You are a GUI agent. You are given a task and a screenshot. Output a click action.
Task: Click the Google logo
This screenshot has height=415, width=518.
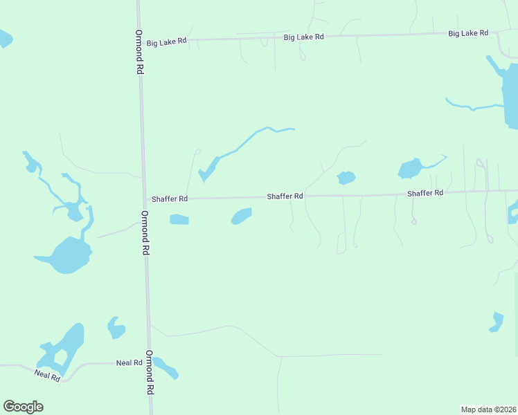[24, 407]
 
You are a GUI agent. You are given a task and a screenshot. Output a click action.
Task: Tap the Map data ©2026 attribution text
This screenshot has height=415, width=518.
[488, 409]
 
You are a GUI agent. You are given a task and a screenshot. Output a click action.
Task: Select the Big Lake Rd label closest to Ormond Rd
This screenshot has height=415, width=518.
[167, 42]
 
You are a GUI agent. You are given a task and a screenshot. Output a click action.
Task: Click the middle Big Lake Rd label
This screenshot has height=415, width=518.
[305, 37]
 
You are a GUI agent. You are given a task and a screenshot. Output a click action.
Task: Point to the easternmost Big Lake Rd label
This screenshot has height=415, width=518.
[468, 33]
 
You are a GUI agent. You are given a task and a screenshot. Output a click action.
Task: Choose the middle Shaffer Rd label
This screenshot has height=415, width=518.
[285, 197]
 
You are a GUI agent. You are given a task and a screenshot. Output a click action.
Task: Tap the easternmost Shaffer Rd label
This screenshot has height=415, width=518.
[425, 194]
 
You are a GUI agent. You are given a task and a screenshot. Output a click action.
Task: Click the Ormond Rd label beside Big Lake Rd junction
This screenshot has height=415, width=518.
[139, 52]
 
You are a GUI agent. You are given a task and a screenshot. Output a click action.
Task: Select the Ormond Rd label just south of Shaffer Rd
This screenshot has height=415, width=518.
[145, 233]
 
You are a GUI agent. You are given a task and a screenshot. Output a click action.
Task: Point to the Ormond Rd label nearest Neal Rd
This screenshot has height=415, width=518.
[149, 372]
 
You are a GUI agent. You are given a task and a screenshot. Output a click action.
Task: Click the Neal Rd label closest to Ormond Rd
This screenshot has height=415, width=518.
[129, 362]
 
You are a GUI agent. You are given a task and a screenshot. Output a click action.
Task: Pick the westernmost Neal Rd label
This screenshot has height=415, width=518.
[48, 374]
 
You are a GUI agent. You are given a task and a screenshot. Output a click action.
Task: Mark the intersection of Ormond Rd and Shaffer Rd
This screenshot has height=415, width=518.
[144, 199]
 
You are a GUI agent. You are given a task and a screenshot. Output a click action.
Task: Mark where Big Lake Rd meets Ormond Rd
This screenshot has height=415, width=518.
[139, 41]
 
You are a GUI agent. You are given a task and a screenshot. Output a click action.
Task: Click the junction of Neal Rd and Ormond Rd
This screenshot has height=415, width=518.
[148, 362]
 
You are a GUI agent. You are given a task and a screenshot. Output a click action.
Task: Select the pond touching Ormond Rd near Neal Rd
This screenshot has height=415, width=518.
[166, 368]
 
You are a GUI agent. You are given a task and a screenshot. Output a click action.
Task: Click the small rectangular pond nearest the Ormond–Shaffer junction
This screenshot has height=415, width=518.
[179, 220]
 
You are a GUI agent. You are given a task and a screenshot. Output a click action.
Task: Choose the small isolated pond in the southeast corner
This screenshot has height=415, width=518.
[497, 322]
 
